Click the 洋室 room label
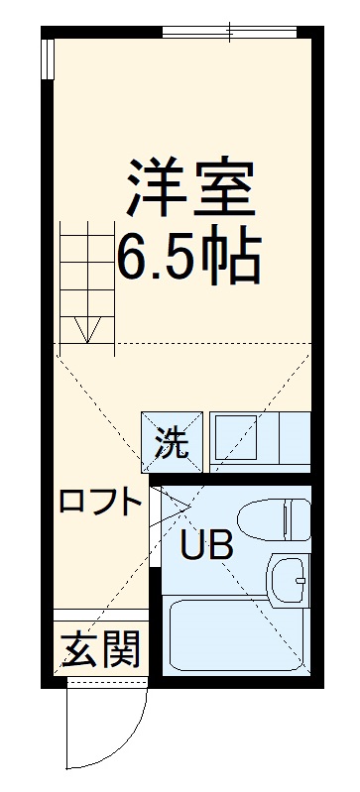click(189, 183)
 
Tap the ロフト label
click(99, 503)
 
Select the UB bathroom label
click(206, 543)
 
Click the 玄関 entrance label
click(100, 650)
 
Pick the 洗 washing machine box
click(172, 439)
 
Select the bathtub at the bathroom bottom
click(235, 636)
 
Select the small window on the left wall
click(48, 61)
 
